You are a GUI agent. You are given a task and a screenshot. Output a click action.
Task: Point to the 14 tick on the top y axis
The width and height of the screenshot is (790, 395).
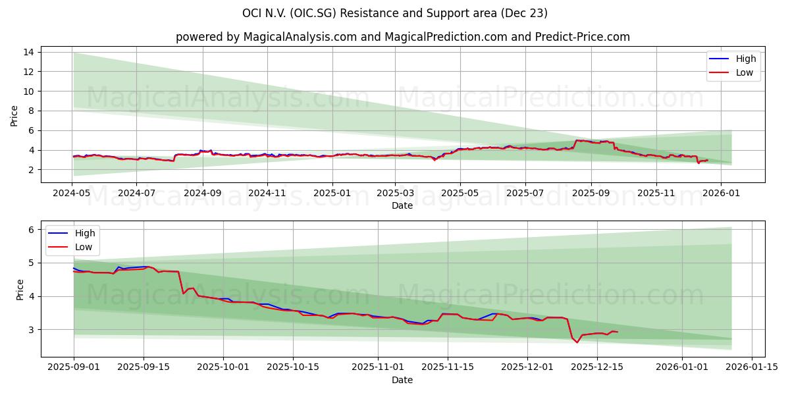[x=30, y=51]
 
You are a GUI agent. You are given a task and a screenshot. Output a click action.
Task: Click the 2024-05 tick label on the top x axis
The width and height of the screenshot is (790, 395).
[x=72, y=194]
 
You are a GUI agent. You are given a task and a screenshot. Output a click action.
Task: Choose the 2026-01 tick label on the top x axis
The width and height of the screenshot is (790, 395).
[x=721, y=194]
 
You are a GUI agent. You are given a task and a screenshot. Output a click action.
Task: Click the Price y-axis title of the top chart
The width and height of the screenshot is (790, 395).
[x=14, y=115]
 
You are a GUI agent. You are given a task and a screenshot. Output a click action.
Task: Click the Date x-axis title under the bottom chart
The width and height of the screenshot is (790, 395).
[x=402, y=380]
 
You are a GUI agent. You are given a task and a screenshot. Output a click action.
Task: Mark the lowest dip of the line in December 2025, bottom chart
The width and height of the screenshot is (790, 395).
[x=577, y=342]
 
